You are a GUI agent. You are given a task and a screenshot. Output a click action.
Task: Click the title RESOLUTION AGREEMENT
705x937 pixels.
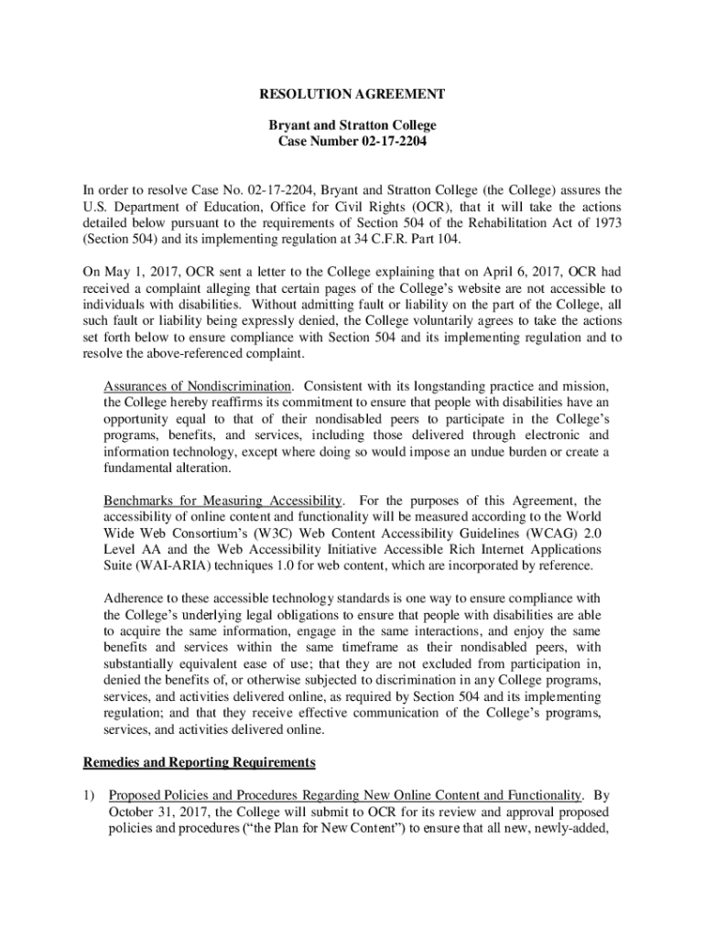coord(352,94)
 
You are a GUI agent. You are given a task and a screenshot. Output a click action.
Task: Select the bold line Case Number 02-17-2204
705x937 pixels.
coord(352,142)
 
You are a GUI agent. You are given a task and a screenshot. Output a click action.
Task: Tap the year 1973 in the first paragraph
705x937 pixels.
coord(604,223)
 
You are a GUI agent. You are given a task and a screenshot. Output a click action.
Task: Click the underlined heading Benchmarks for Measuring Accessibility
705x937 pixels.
coord(223,501)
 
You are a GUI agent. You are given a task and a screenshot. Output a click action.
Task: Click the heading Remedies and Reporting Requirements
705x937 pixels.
coord(199,762)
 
